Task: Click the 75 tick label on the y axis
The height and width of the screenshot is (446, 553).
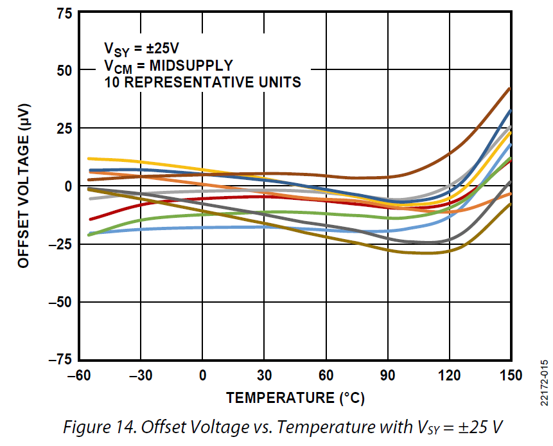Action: click(64, 13)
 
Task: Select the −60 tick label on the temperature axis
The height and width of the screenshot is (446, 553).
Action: click(79, 375)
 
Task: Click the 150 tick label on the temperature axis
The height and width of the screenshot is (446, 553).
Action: click(511, 375)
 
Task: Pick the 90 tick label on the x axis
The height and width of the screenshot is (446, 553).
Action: click(387, 375)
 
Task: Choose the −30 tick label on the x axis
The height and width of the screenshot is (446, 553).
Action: click(141, 375)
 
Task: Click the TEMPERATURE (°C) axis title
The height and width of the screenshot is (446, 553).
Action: click(295, 398)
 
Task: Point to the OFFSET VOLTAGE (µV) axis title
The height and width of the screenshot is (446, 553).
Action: click(24, 186)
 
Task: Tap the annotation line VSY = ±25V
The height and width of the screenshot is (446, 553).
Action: click(142, 49)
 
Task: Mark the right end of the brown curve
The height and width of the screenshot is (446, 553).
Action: click(510, 89)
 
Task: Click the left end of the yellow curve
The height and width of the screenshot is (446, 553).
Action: click(89, 158)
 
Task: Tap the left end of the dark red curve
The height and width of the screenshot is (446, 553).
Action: click(90, 219)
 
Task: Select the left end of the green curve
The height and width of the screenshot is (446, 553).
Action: click(89, 235)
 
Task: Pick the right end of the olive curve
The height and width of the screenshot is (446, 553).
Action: click(511, 204)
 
